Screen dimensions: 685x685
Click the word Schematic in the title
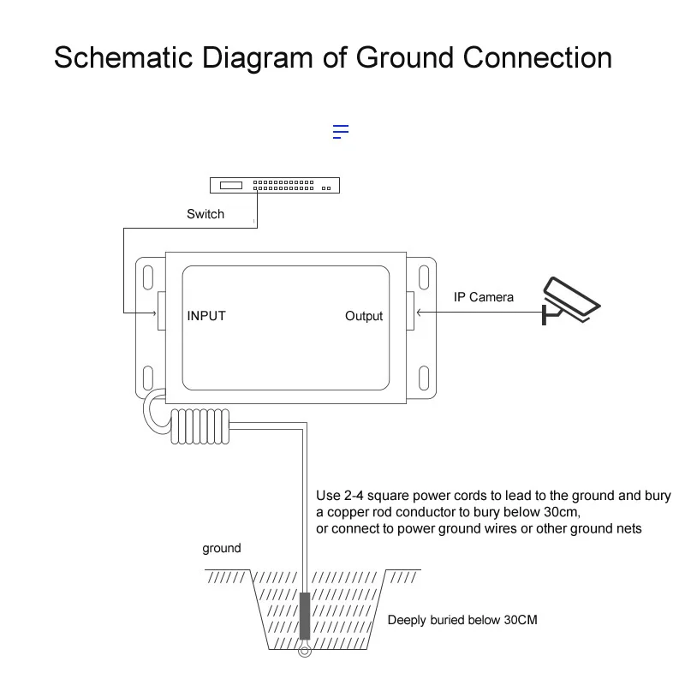point(123,58)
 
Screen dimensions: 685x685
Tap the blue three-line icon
point(341,132)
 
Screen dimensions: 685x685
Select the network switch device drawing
point(275,184)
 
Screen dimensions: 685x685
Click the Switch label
point(205,214)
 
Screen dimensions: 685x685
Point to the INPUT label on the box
point(206,316)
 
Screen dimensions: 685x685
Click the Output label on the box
point(364,316)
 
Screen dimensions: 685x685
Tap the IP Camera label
point(484,297)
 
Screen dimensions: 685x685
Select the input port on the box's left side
point(160,310)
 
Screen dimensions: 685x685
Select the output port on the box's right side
point(410,310)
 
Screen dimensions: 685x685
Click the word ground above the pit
point(222,548)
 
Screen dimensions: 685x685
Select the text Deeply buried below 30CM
point(462,620)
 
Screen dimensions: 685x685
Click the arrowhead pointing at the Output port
point(419,311)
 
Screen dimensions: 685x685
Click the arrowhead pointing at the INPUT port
point(152,311)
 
